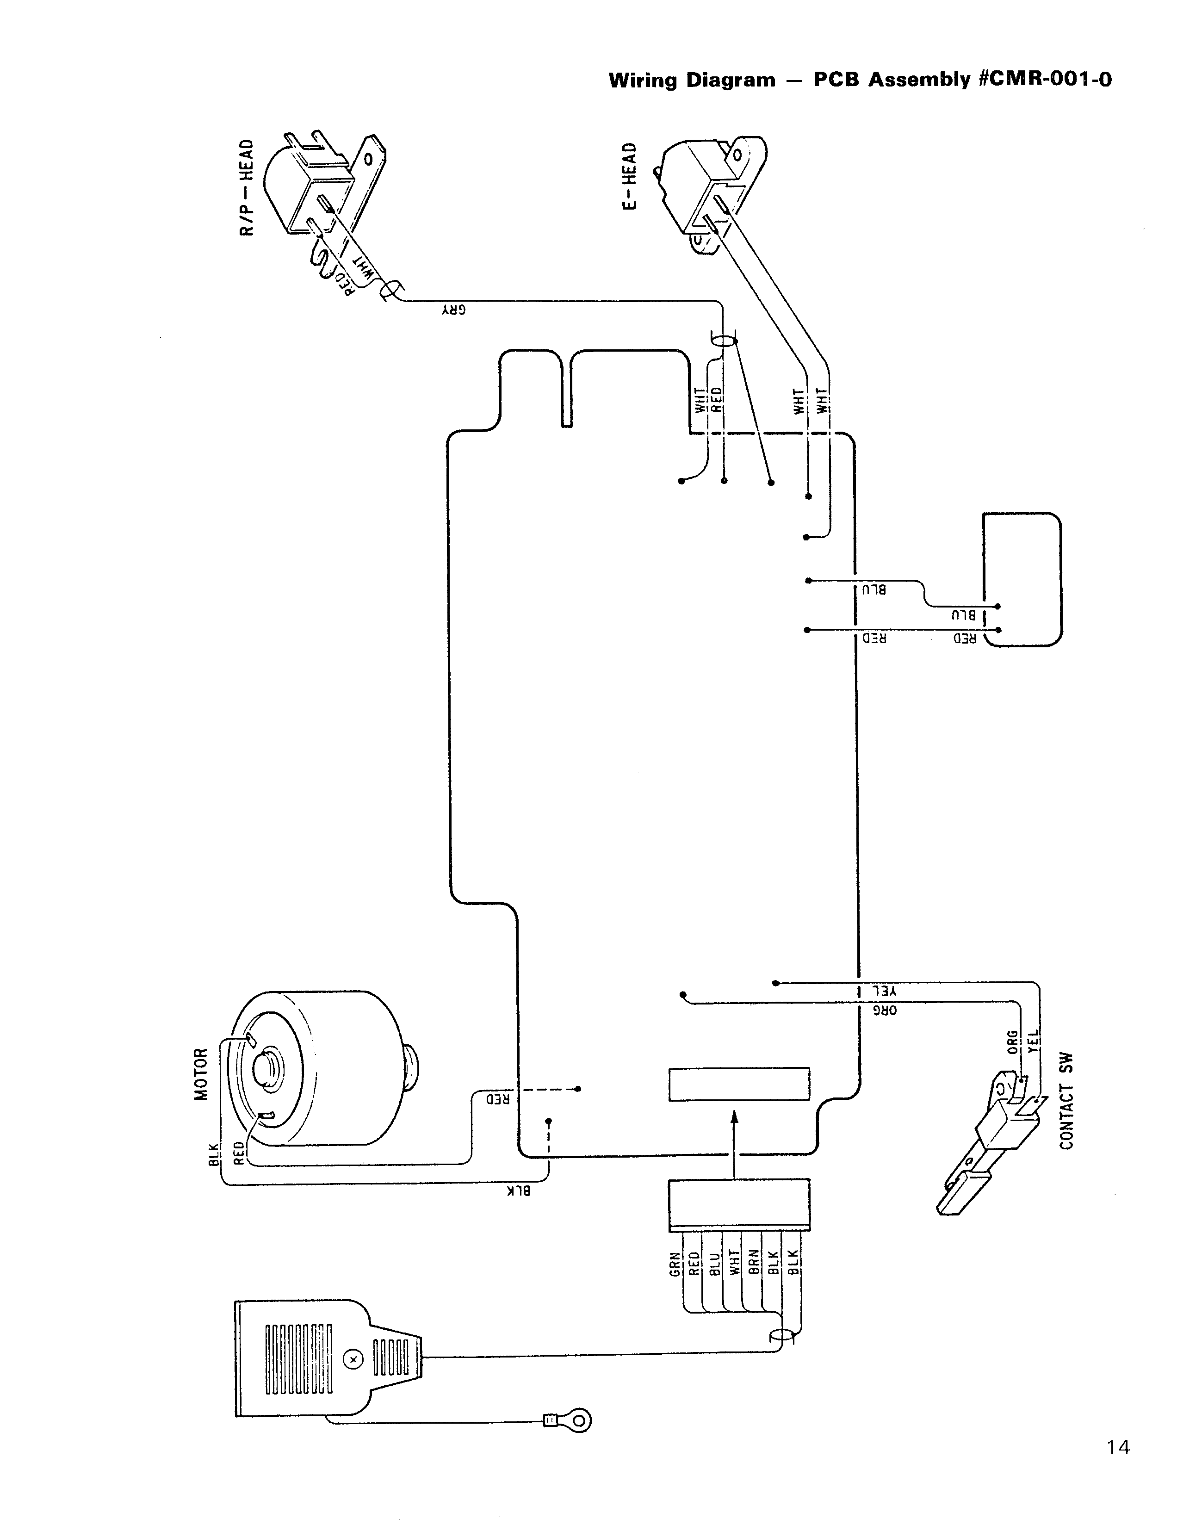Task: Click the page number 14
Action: tap(1118, 1447)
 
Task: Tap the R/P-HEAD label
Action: tap(247, 187)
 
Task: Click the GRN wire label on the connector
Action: tap(675, 1263)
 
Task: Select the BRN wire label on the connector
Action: tap(754, 1263)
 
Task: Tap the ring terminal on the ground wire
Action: tap(579, 1420)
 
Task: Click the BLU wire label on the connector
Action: tap(714, 1263)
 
